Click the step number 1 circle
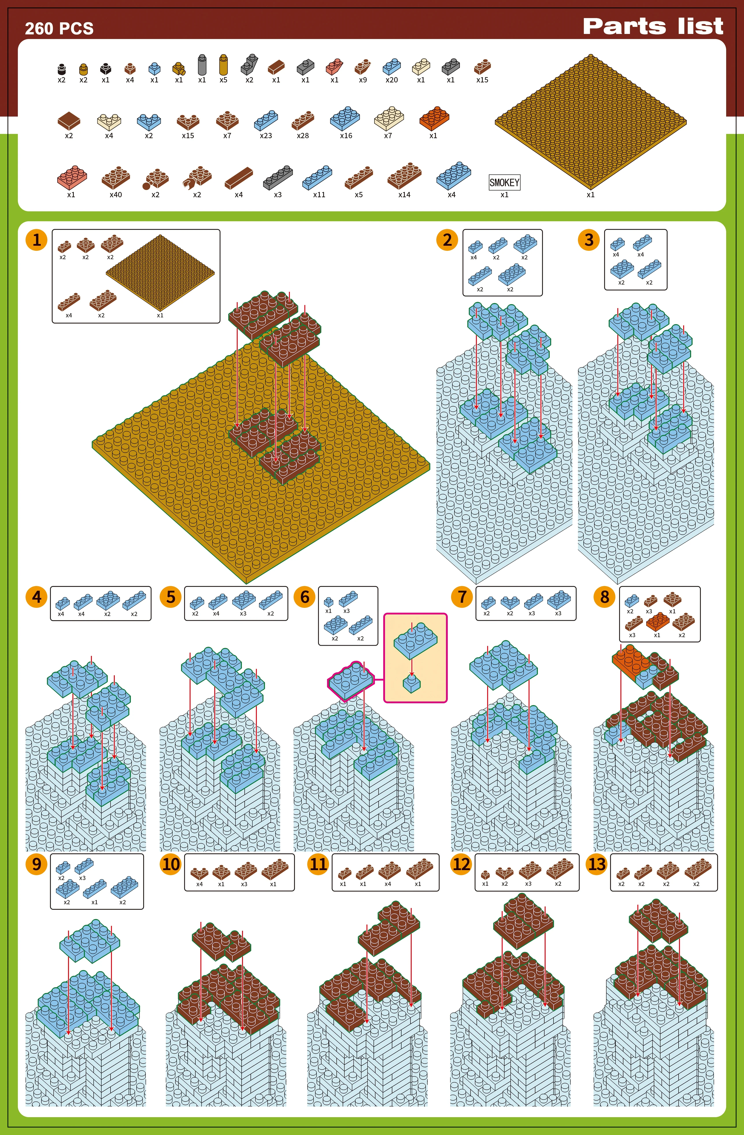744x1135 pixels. coord(37,240)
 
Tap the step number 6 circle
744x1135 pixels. coord(305,597)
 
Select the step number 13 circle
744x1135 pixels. coord(597,864)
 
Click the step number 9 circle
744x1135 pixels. coord(37,864)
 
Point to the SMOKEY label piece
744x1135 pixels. coord(504,182)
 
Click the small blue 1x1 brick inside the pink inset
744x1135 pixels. coord(412,683)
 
